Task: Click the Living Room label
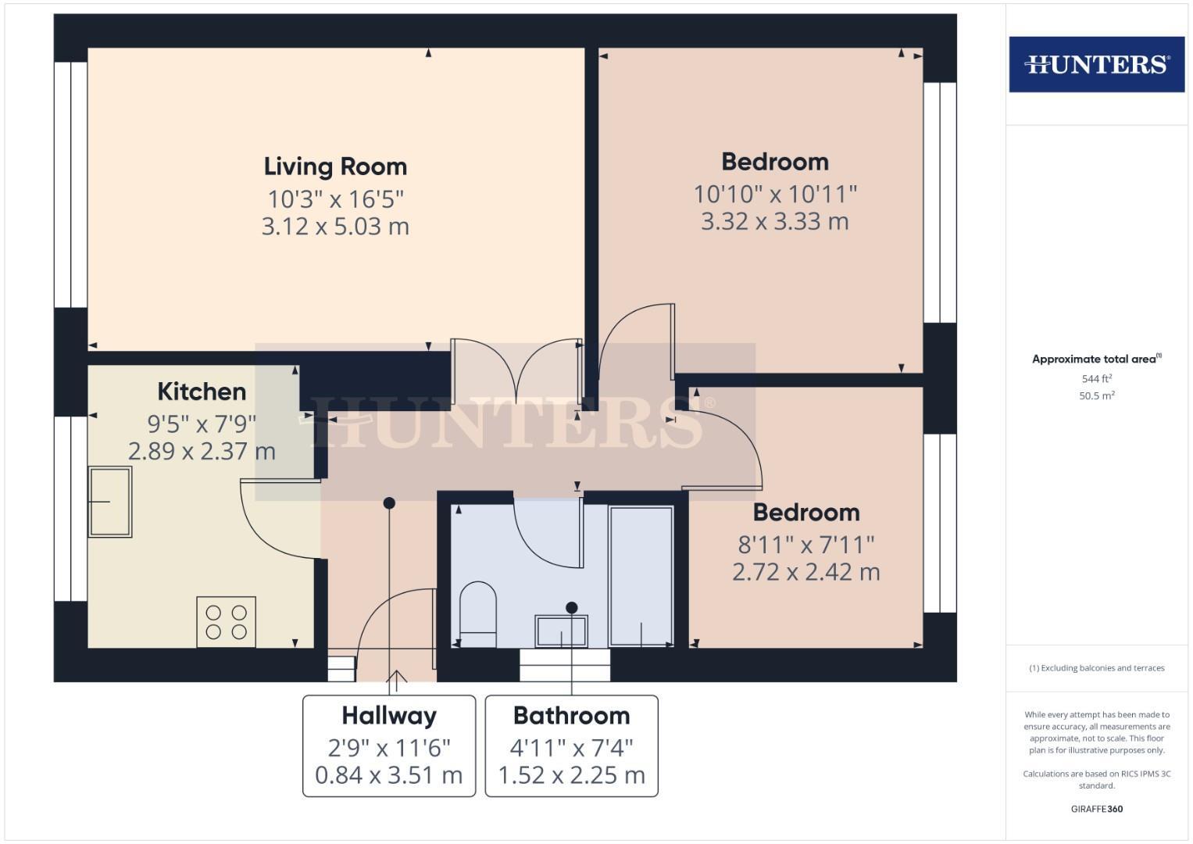click(335, 166)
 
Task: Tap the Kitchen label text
click(202, 392)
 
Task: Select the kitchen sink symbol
click(109, 502)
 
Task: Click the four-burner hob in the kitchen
click(226, 621)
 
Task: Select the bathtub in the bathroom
click(641, 577)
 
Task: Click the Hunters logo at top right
click(1096, 64)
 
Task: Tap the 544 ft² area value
click(1097, 379)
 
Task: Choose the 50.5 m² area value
click(1097, 396)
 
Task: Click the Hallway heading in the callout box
click(389, 716)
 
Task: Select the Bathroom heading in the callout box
click(571, 716)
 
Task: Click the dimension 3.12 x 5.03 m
click(335, 227)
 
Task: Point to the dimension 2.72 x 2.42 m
click(805, 572)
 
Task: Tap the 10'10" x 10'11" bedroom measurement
click(775, 194)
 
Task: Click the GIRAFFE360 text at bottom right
click(1096, 809)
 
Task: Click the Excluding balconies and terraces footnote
click(1097, 668)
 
